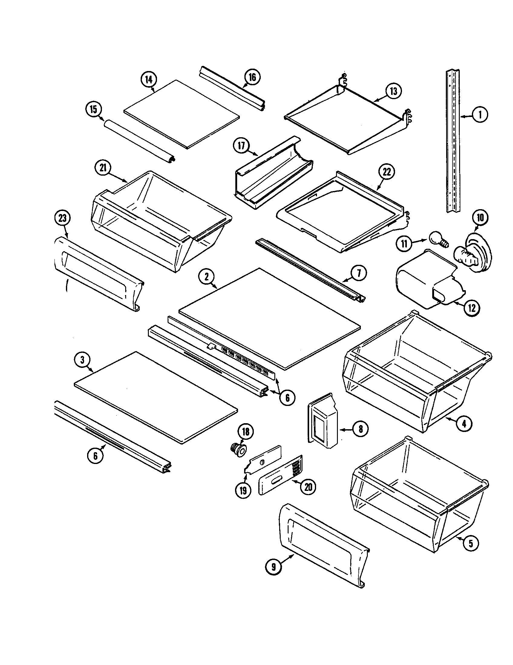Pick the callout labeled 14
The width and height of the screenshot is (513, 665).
(x=149, y=80)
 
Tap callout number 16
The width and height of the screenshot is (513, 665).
(x=253, y=77)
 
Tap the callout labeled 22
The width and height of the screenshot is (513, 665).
(x=386, y=172)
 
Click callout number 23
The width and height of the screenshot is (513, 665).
(x=62, y=218)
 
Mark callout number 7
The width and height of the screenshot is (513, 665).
(x=359, y=273)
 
